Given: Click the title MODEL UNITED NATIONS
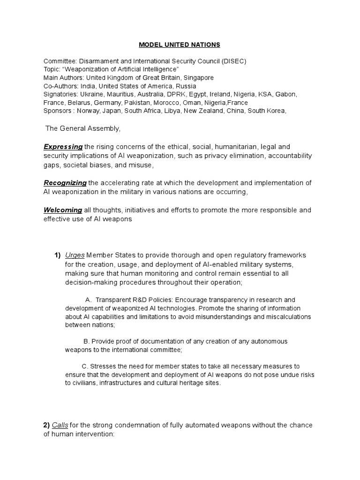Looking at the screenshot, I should tap(180, 45).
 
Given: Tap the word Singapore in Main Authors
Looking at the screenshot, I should tap(200, 78).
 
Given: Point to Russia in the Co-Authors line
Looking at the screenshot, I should tap(187, 86).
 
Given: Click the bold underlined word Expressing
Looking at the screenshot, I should tap(63, 147).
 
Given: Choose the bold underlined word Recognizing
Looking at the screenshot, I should tap(65, 182).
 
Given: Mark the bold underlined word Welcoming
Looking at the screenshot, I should tap(63, 210).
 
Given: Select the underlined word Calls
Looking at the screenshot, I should tap(60, 425).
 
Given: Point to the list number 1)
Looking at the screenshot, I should tap(58, 255).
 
